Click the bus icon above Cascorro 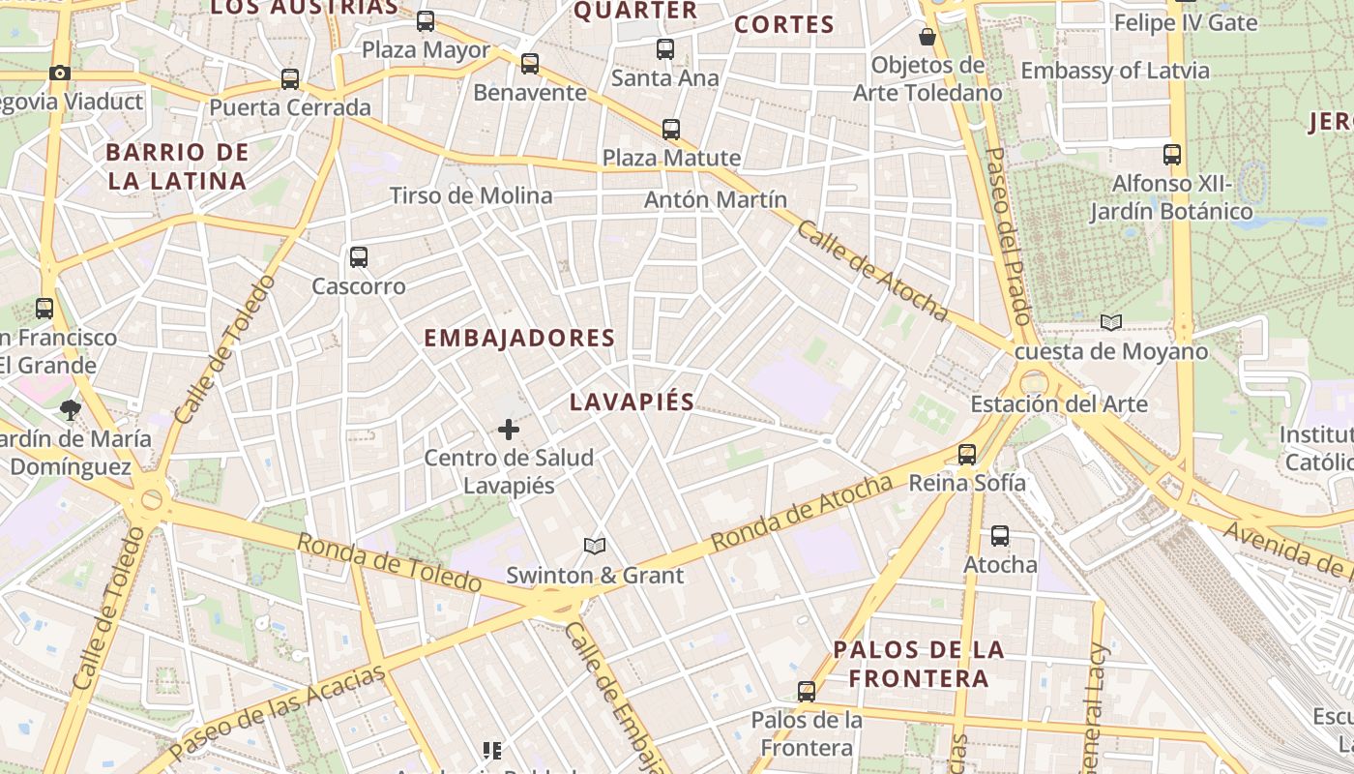coord(359,257)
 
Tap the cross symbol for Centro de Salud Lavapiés coord(509,430)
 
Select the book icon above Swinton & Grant coord(595,547)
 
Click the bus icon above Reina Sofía coord(966,455)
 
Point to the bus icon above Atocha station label coord(1000,536)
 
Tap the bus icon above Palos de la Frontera coord(807,692)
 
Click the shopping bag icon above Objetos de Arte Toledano coord(927,37)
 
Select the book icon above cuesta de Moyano coord(1111,323)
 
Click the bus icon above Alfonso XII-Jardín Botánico coord(1172,155)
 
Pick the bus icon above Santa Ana coord(665,49)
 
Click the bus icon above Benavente coord(530,64)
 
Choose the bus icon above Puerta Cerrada coord(290,79)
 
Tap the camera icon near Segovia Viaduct coord(60,74)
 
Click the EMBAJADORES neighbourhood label coord(519,338)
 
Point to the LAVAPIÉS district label coord(633,402)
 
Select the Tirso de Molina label coord(471,195)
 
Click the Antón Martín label coord(716,199)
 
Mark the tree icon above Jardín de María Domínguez coord(70,410)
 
